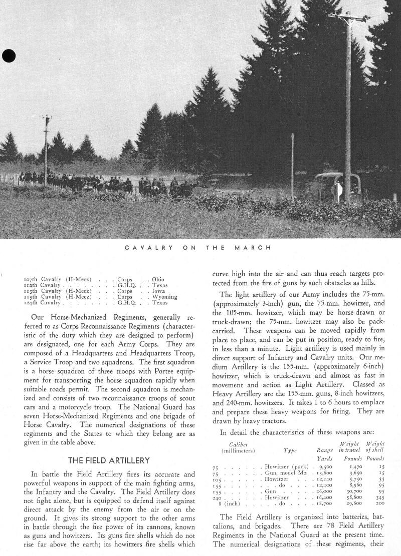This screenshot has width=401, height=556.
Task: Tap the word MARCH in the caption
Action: [254, 247]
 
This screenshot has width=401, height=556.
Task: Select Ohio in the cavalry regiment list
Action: [158, 279]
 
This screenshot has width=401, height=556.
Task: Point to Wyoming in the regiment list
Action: [164, 297]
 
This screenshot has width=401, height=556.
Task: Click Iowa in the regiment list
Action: [158, 291]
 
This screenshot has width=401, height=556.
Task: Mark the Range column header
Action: [325, 450]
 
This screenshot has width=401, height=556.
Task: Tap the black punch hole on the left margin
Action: [9, 56]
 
